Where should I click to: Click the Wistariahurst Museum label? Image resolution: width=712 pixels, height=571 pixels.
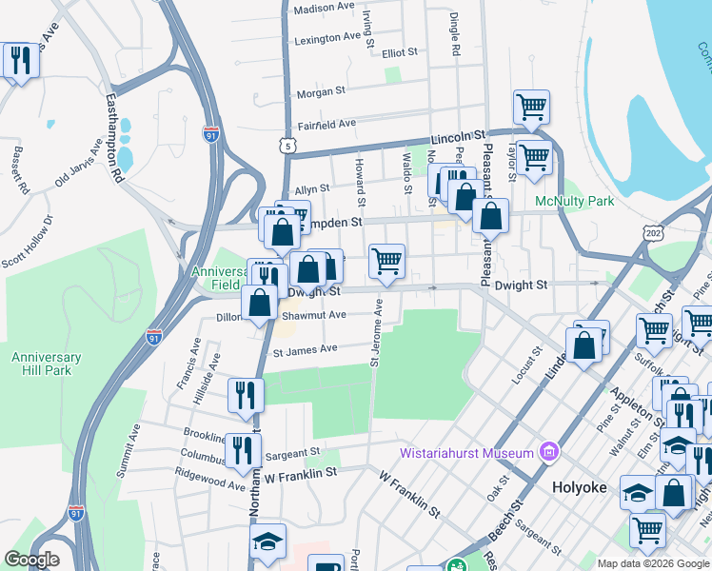pos(465,452)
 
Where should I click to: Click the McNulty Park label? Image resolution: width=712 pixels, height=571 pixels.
pos(575,202)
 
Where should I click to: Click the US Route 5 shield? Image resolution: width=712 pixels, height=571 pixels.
pos(287,145)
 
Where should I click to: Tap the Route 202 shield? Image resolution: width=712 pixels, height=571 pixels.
pos(653,231)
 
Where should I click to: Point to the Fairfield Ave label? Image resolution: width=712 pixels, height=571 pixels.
pos(326,124)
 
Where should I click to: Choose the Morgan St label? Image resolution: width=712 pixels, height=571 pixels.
pos(320,92)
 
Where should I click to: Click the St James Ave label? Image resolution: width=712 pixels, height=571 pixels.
pos(306,349)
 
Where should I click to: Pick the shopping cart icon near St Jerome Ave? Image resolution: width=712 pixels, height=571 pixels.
pos(386,261)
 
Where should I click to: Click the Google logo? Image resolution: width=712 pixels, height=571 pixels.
pos(30,560)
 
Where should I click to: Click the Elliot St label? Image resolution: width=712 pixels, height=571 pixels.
pos(400,53)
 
